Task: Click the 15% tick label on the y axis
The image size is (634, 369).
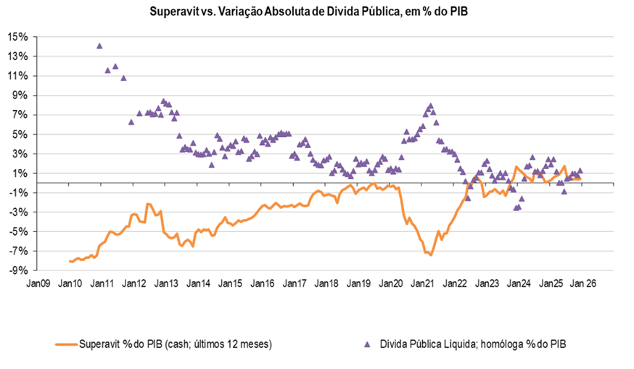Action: [18, 36]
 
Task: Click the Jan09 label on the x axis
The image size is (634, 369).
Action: [38, 283]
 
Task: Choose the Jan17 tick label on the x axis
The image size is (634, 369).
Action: [295, 283]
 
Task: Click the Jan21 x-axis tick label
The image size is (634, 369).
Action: [424, 283]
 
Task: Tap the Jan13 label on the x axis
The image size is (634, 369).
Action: [167, 283]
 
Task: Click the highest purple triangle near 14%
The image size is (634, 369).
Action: [99, 46]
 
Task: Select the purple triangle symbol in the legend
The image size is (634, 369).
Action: [369, 344]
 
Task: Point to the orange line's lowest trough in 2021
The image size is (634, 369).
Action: [431, 255]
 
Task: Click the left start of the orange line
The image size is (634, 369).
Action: [70, 261]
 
